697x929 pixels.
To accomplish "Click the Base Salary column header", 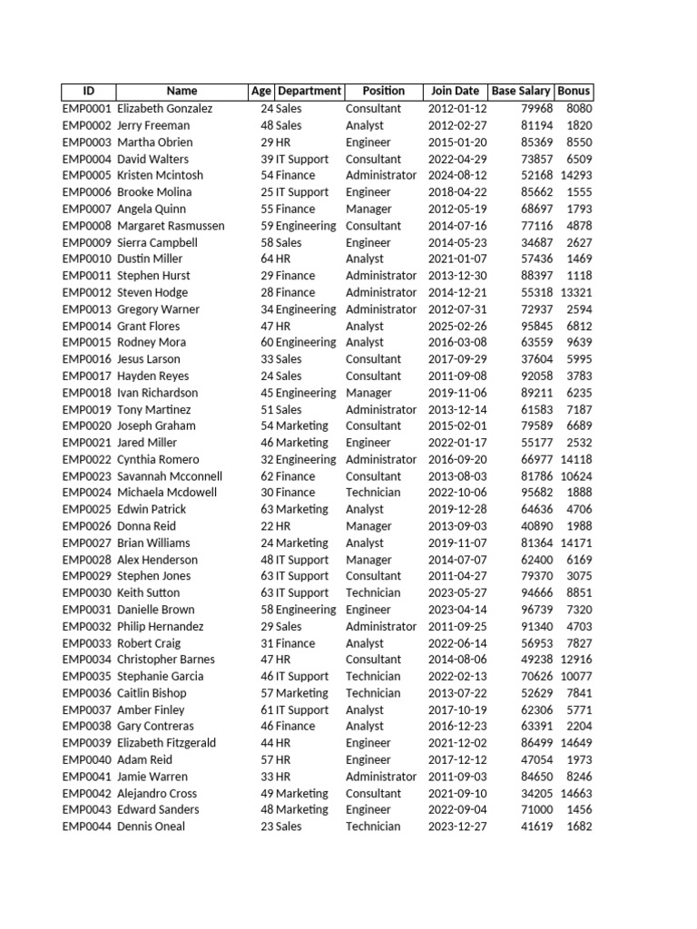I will tap(521, 91).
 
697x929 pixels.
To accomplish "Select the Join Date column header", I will tap(455, 91).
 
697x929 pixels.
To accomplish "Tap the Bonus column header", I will tap(574, 91).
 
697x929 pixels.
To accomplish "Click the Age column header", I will tap(261, 91).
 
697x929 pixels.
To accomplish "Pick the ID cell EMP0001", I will tap(86, 109).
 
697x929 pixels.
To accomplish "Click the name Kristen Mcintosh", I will tap(161, 175).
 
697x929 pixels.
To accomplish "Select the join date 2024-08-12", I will tap(457, 175).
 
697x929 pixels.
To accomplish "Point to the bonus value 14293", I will tap(576, 175).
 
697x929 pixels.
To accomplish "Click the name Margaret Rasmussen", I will tap(170, 226).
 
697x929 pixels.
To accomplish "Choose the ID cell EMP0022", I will tap(86, 460).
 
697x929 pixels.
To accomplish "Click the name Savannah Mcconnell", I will tap(170, 476).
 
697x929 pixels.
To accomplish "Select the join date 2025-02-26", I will tap(457, 326).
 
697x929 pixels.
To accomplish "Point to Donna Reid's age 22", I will tap(268, 526).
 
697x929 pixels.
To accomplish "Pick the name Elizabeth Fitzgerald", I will tap(167, 743).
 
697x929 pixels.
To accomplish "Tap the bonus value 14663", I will tap(576, 794).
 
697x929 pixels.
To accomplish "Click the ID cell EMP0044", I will tap(86, 826).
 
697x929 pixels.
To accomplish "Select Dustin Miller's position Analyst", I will tap(365, 259).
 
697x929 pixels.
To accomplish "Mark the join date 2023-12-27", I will tap(457, 826).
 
